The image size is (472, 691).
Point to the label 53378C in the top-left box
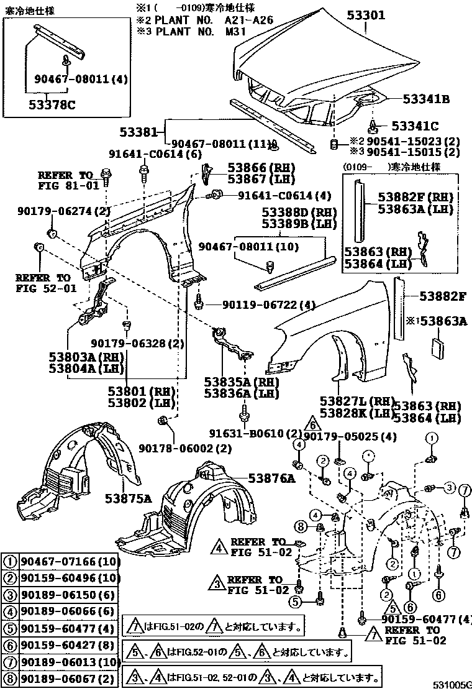51,104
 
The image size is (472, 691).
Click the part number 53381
143,132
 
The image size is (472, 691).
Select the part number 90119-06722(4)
260,305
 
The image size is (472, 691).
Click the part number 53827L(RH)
358,402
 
